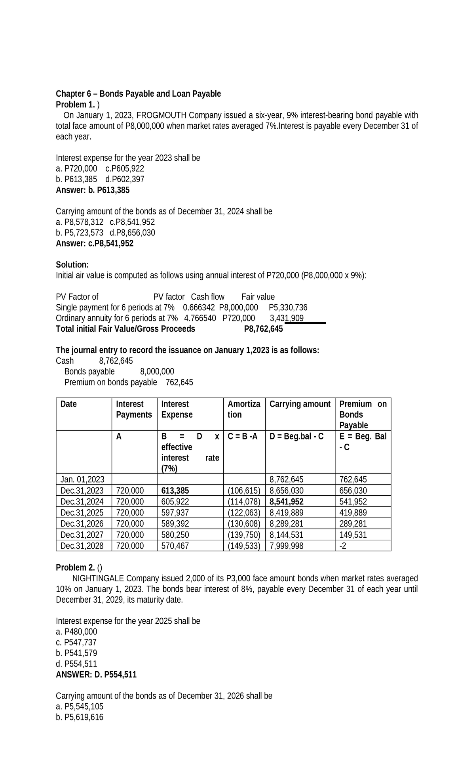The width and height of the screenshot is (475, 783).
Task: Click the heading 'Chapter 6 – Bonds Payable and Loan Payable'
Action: tap(138, 94)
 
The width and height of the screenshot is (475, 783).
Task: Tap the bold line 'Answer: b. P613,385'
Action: tap(93, 190)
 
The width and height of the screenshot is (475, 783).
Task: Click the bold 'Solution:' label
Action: tap(72, 264)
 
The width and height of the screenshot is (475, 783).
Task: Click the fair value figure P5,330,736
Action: tap(288, 307)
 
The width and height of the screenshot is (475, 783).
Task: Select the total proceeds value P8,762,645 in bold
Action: tap(263, 329)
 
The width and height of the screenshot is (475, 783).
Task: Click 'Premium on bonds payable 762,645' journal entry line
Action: tap(129, 382)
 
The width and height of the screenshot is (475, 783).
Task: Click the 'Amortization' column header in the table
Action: tap(243, 409)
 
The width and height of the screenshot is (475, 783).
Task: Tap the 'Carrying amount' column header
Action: tap(300, 404)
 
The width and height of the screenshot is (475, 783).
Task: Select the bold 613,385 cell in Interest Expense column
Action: tap(175, 491)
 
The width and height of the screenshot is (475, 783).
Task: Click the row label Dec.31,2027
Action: tap(82, 535)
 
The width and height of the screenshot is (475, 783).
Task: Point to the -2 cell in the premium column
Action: tap(343, 546)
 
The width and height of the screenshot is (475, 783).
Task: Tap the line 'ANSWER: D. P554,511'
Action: tap(96, 674)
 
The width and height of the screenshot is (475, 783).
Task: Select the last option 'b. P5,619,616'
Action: tap(80, 717)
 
